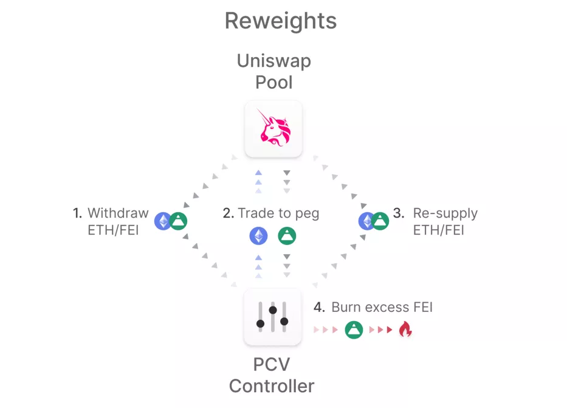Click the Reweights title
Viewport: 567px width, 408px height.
[281, 21]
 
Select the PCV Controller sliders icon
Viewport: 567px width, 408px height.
[273, 317]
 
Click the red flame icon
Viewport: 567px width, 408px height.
[405, 329]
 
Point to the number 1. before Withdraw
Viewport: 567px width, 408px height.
[77, 213]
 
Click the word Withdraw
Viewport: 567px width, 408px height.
[119, 213]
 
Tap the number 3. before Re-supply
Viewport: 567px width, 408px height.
[399, 213]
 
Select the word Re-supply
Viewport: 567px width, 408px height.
[445, 214]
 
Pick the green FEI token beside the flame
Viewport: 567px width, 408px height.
[354, 330]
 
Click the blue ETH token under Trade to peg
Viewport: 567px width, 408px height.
[258, 236]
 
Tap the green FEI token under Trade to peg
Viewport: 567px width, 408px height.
[287, 236]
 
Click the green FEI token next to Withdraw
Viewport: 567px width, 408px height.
[178, 221]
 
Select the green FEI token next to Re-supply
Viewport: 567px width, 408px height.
[380, 221]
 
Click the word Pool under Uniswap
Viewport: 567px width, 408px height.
[273, 83]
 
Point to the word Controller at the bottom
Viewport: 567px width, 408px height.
[272, 386]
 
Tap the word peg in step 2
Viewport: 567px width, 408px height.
[307, 214]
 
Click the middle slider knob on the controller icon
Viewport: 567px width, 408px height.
[273, 310]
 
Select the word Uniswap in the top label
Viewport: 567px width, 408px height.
[273, 61]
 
